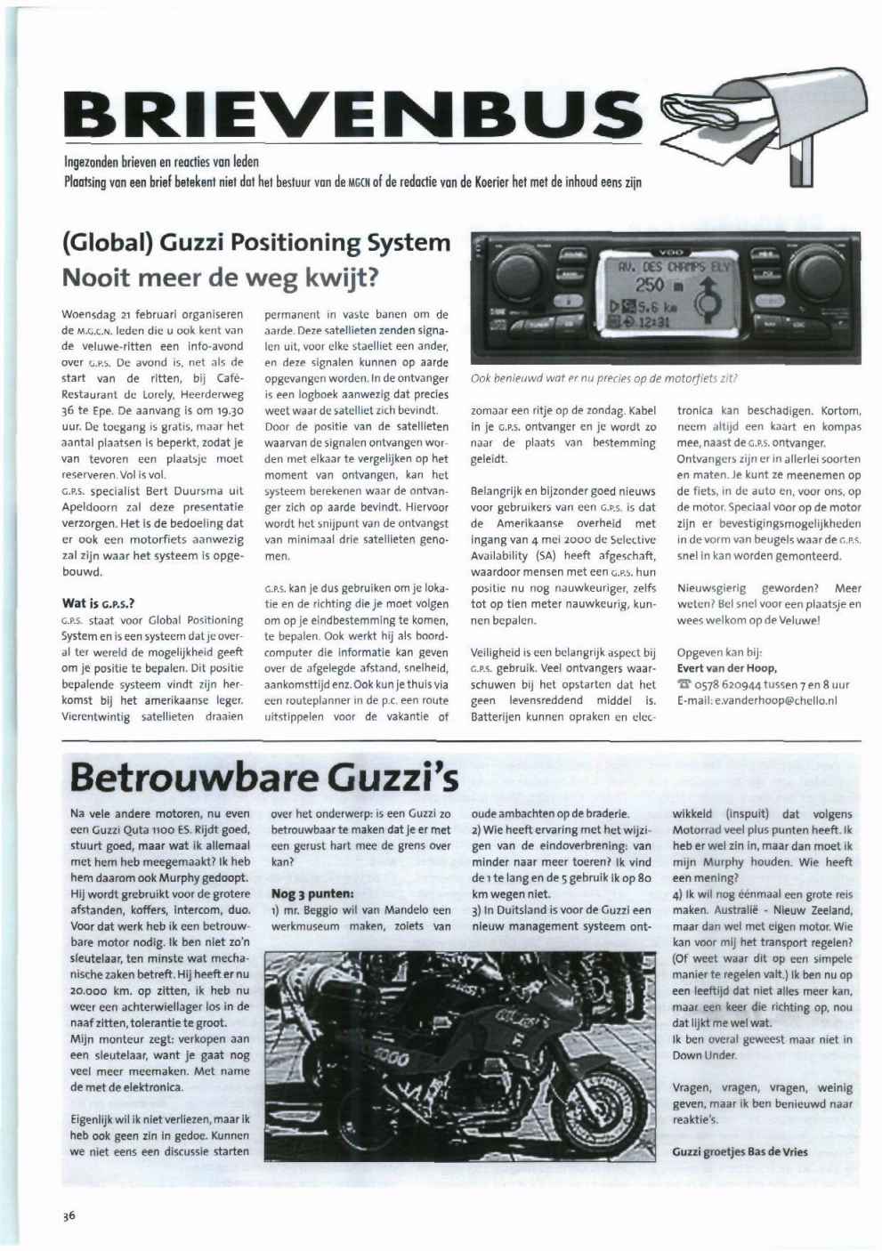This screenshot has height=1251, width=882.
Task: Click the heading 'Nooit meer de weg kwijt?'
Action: (221, 277)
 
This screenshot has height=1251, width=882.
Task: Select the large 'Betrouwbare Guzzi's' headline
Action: (263, 776)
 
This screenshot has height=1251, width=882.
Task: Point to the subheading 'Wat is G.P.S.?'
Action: (98, 603)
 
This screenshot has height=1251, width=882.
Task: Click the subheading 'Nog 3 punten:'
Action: (312, 893)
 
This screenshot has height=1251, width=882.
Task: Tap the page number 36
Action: (69, 1216)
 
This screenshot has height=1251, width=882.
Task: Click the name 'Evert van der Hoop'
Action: (726, 668)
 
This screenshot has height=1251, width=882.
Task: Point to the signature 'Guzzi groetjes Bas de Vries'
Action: (740, 1151)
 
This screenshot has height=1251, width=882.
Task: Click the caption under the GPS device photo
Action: (604, 378)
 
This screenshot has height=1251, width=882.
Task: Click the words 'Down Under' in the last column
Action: (705, 1055)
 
